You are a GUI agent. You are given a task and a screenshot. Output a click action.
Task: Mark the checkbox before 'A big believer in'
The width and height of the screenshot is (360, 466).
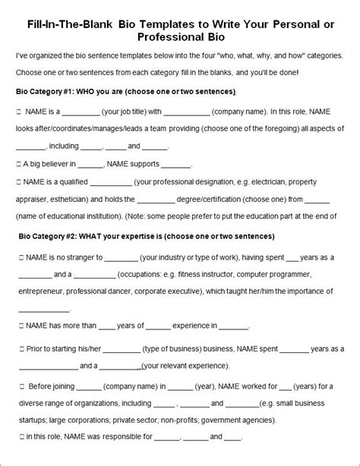[20, 164]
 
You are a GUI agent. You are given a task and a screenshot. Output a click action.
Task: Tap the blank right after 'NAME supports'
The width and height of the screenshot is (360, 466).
[176, 164]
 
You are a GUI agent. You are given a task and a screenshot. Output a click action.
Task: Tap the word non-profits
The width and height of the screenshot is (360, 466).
[214, 420]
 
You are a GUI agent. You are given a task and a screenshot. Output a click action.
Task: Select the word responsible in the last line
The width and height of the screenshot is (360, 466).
[128, 437]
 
